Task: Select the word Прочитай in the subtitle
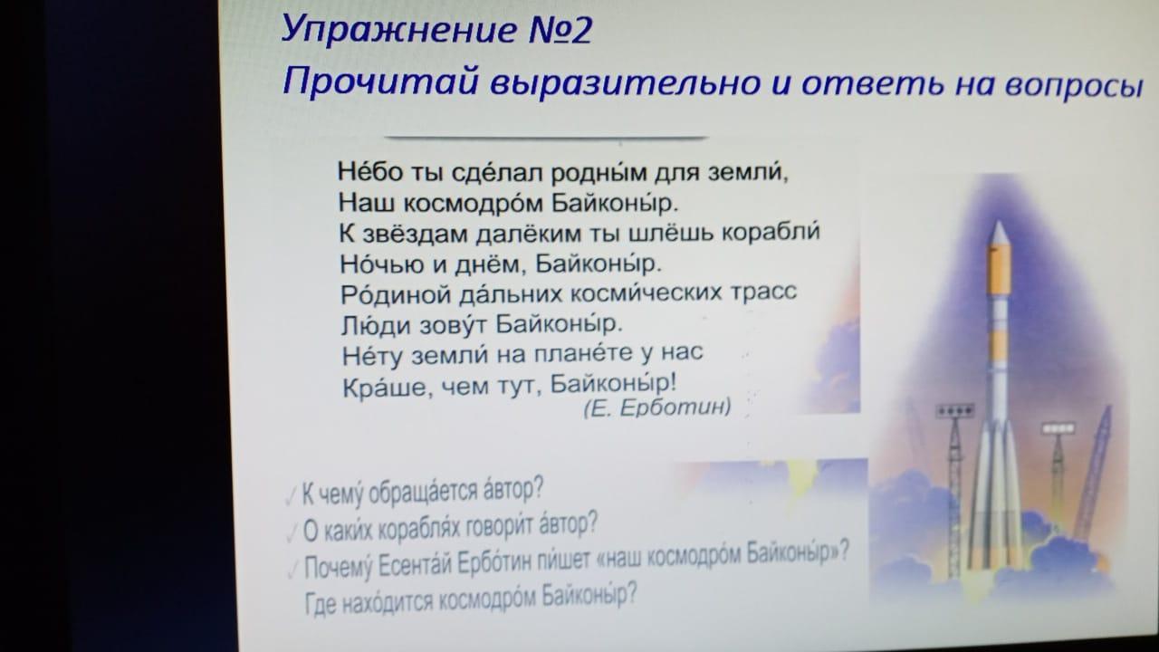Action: (x=381, y=81)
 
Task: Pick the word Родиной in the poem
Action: (x=396, y=295)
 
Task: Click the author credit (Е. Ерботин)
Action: (x=657, y=407)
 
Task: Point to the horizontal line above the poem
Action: (x=546, y=138)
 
